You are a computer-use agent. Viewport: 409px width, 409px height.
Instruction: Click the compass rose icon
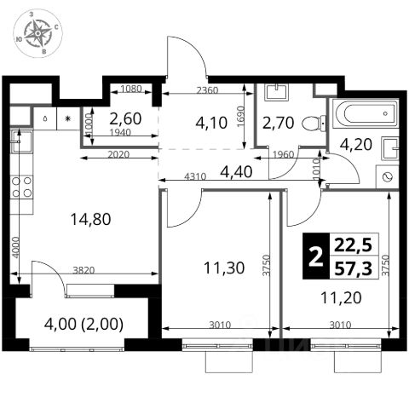click(x=37, y=33)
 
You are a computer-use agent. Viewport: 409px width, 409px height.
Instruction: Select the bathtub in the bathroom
click(x=366, y=113)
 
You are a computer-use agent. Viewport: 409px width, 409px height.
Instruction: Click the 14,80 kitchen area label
click(x=90, y=219)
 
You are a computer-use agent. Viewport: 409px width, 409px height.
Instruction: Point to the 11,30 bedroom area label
click(x=224, y=268)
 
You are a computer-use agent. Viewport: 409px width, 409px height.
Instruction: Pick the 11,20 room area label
click(x=341, y=298)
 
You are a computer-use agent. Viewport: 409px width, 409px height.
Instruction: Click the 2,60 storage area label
click(x=125, y=118)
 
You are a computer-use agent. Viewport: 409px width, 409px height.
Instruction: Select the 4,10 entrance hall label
click(x=211, y=124)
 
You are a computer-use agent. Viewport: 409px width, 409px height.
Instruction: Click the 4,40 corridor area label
click(x=236, y=172)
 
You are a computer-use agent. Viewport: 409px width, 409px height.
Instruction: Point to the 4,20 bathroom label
click(x=356, y=144)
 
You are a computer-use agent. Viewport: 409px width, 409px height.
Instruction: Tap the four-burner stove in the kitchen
click(x=21, y=187)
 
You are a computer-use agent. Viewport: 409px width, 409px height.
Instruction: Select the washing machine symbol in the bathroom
click(x=387, y=176)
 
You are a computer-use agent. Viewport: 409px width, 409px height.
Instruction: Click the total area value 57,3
click(x=353, y=268)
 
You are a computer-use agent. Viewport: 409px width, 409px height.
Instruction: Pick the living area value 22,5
click(x=353, y=245)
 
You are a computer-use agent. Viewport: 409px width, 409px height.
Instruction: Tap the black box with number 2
click(x=316, y=256)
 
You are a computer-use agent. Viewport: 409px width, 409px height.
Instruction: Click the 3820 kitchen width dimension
click(x=84, y=270)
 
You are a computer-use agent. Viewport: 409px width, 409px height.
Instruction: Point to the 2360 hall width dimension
click(x=208, y=90)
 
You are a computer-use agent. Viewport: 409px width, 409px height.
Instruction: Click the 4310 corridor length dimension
click(x=195, y=176)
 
